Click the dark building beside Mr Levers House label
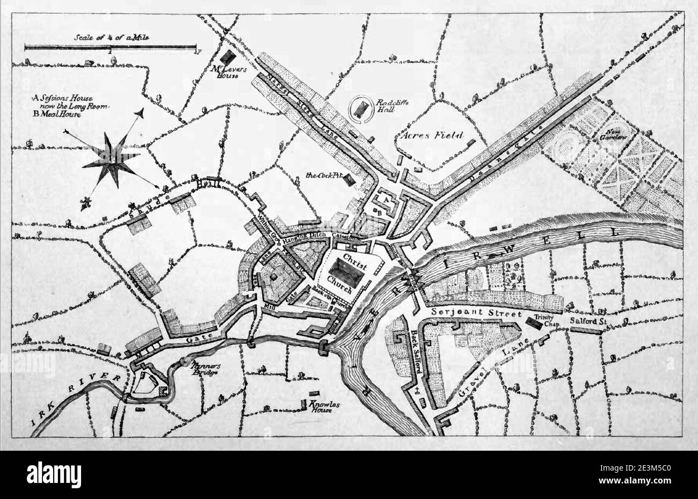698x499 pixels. pyautogui.click(x=231, y=56)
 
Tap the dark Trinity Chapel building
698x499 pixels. pyautogui.click(x=534, y=322)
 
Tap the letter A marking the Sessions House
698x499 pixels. pyautogui.click(x=384, y=199)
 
